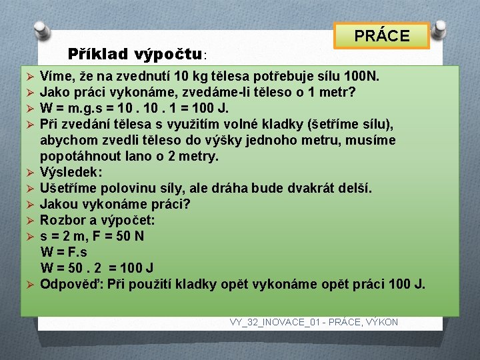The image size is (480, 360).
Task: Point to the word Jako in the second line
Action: (54, 93)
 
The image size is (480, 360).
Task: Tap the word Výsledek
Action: (70, 173)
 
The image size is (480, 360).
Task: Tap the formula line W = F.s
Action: (64, 253)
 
